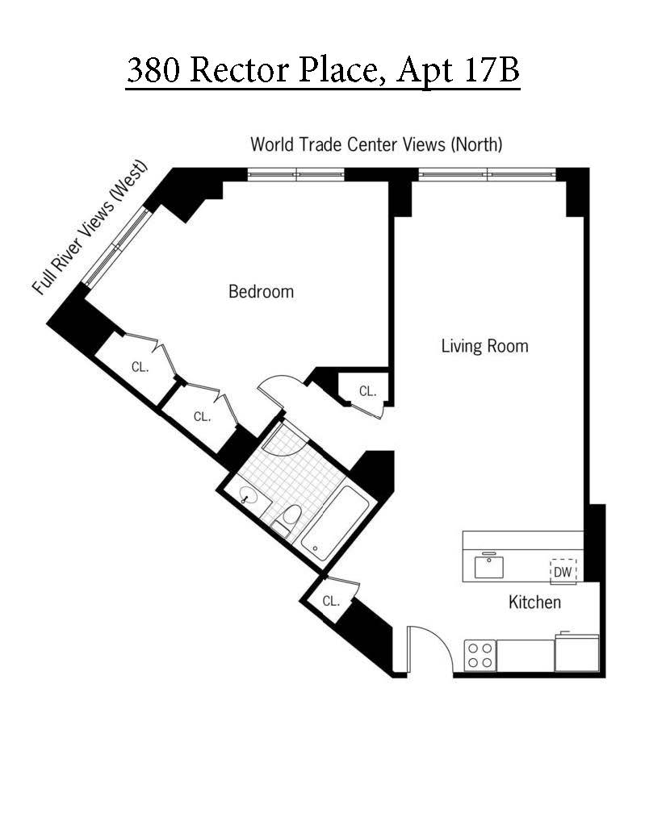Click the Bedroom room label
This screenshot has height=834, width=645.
(261, 291)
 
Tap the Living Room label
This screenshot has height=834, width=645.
(484, 346)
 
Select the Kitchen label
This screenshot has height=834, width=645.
(534, 602)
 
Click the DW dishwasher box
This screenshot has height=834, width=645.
(563, 571)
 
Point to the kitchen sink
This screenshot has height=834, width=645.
(489, 566)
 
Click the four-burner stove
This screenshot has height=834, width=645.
(480, 654)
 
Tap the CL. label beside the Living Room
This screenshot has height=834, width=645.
(367, 391)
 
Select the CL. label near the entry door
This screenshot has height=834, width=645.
(331, 601)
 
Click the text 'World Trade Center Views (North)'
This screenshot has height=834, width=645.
(376, 144)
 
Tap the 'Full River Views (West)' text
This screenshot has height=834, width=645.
(90, 228)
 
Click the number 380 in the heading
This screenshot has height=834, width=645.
(153, 70)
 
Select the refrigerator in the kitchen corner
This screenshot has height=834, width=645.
(576, 653)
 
